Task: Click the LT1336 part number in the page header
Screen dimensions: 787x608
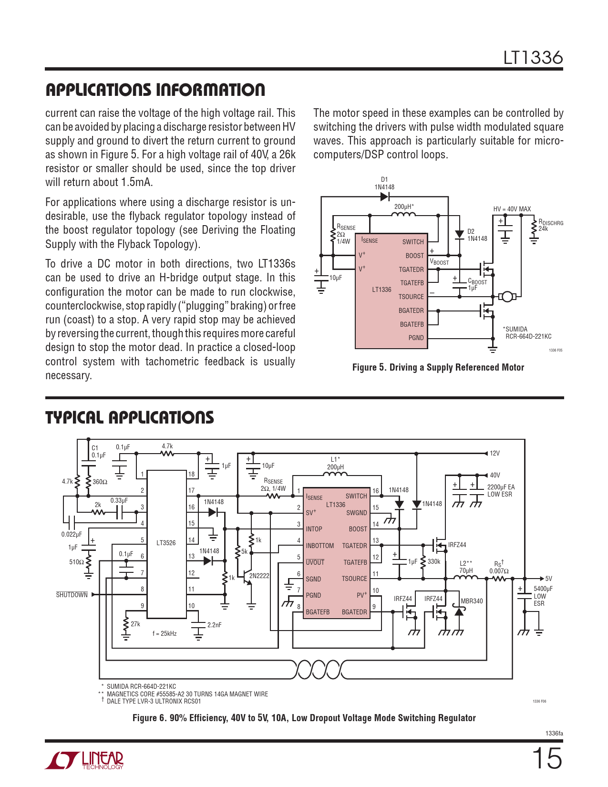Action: point(533,58)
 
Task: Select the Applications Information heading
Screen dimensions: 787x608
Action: point(155,90)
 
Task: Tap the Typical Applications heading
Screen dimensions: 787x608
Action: point(129,417)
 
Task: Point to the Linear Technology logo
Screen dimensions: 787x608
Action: point(84,760)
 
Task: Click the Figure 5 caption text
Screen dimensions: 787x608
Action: point(438,367)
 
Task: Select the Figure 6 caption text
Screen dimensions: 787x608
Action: point(304,718)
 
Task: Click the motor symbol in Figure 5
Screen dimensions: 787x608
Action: point(507,297)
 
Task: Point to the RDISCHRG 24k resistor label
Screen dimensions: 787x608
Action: point(550,225)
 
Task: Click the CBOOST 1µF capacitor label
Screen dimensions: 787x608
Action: point(477,284)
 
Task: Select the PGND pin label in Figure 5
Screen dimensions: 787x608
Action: point(416,338)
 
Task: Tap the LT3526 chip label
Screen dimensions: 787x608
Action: point(166,543)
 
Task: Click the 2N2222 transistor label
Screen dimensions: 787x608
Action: point(259,576)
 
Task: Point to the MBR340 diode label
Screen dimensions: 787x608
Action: point(472,601)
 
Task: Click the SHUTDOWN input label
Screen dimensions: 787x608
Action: point(72,595)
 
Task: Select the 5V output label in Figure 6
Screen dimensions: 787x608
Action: point(548,579)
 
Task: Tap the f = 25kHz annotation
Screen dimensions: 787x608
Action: point(165,633)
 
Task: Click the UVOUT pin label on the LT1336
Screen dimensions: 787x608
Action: point(315,562)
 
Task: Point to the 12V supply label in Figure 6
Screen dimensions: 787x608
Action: point(495,453)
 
